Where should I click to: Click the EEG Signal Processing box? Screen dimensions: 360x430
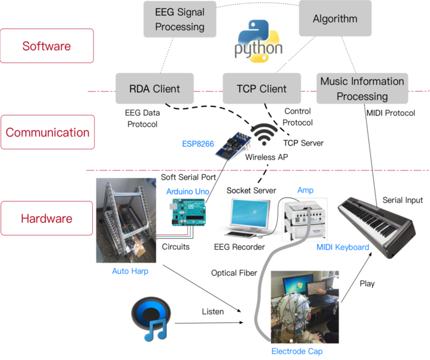180,19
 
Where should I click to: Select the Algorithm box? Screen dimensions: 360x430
335,19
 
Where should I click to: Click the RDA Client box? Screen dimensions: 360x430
155,89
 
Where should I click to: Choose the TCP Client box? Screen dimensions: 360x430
261,89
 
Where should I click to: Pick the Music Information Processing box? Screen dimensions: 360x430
362,89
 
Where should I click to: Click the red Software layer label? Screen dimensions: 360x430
46,46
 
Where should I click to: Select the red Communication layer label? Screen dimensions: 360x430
47,132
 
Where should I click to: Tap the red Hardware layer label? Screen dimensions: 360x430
46,219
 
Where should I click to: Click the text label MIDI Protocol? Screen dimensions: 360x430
391,113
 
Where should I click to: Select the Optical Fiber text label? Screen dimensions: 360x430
234,273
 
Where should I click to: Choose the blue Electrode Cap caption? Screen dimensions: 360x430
294,351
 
